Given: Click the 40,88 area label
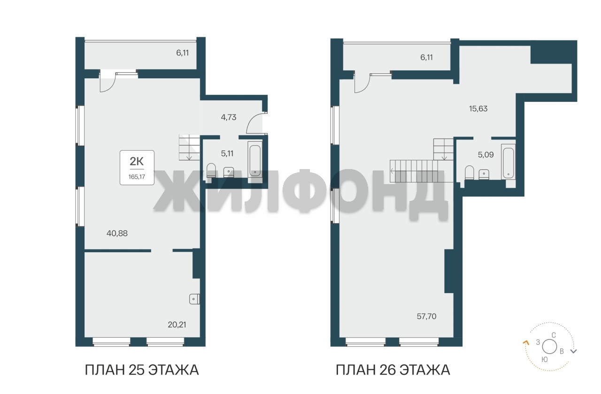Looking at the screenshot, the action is (x=117, y=233).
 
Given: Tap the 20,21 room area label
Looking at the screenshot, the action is (x=177, y=325).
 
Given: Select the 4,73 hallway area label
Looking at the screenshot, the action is (x=228, y=117).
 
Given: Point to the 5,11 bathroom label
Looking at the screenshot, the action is (x=227, y=154).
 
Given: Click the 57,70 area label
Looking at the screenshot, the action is (x=427, y=317).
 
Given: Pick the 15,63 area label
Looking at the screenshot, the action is (x=478, y=108).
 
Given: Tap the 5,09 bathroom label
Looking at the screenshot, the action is (x=485, y=155).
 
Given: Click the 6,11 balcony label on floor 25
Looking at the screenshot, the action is (x=183, y=53).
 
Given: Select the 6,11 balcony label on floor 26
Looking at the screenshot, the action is (x=426, y=57).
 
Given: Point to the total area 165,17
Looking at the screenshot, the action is (x=137, y=177).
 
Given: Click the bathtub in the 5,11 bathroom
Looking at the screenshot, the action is (x=255, y=161).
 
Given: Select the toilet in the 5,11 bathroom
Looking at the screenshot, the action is (x=211, y=170).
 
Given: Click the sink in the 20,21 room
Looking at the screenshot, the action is (x=194, y=299).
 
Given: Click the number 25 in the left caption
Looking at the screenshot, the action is (x=137, y=370).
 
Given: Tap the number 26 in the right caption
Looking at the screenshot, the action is (x=387, y=370).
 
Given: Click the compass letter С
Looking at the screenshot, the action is (x=554, y=335).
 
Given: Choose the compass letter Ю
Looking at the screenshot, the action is (x=544, y=360).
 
